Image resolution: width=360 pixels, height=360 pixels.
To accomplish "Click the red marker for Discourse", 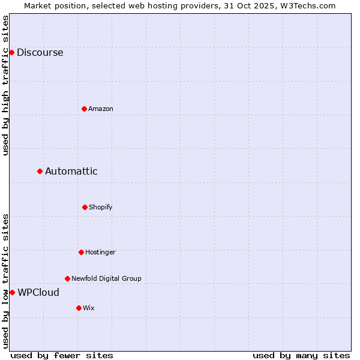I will click(x=11, y=52).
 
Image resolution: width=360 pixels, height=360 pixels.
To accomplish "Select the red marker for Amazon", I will click(x=84, y=109).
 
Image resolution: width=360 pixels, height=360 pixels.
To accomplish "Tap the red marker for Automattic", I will click(x=40, y=172).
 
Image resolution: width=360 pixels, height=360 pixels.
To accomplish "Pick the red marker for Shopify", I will click(x=85, y=207).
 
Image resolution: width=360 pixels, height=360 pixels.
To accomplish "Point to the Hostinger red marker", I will click(x=81, y=252).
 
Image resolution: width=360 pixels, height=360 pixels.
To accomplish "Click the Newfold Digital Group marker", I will click(x=67, y=278).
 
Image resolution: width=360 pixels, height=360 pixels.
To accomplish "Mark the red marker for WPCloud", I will click(x=12, y=292).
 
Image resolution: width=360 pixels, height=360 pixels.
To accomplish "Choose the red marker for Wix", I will click(x=79, y=308).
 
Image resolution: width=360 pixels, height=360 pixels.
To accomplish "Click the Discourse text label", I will click(x=40, y=52).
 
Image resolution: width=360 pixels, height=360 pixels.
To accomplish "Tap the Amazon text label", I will click(x=101, y=109).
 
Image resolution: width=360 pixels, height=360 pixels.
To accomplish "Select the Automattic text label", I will click(x=71, y=172).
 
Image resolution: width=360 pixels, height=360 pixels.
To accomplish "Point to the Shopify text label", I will click(x=101, y=207).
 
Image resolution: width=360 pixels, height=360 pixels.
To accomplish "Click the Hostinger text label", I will click(x=100, y=252).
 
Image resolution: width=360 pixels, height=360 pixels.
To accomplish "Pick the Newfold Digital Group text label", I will click(x=106, y=278).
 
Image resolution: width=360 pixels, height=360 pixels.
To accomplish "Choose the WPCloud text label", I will click(x=38, y=293).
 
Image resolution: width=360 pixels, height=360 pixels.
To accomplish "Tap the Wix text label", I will click(x=89, y=308).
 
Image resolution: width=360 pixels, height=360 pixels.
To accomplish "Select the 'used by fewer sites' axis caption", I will click(x=62, y=355).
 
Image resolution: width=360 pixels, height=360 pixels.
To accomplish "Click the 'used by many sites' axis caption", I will click(x=301, y=355).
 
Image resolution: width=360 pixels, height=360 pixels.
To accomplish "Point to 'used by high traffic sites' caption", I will click(x=5, y=85).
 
